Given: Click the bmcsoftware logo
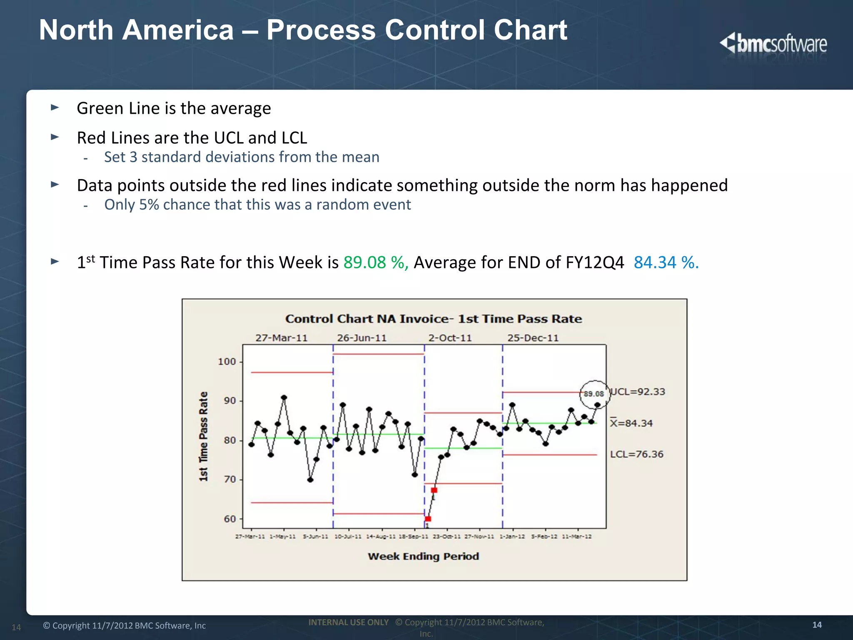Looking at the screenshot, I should click(773, 44).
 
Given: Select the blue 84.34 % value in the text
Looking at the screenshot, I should click(666, 262).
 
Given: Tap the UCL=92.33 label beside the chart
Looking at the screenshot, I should click(638, 392).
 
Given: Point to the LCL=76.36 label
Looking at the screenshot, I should click(636, 454).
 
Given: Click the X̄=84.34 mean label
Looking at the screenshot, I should click(631, 423).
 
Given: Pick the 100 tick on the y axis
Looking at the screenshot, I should click(227, 362).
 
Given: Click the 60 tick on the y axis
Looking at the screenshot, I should click(230, 519).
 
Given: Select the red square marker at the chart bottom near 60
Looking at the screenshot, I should click(428, 519).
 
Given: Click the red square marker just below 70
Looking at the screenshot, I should click(434, 490).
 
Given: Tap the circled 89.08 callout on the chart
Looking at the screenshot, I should click(594, 394).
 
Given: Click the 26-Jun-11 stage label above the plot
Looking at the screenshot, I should click(362, 338).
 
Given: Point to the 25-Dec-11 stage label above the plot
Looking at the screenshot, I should click(533, 338).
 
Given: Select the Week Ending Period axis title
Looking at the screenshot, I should click(423, 556).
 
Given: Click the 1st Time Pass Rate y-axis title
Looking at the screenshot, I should click(203, 436).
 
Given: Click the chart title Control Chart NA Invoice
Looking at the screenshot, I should click(434, 319).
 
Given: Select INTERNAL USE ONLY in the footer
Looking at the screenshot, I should click(348, 622).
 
